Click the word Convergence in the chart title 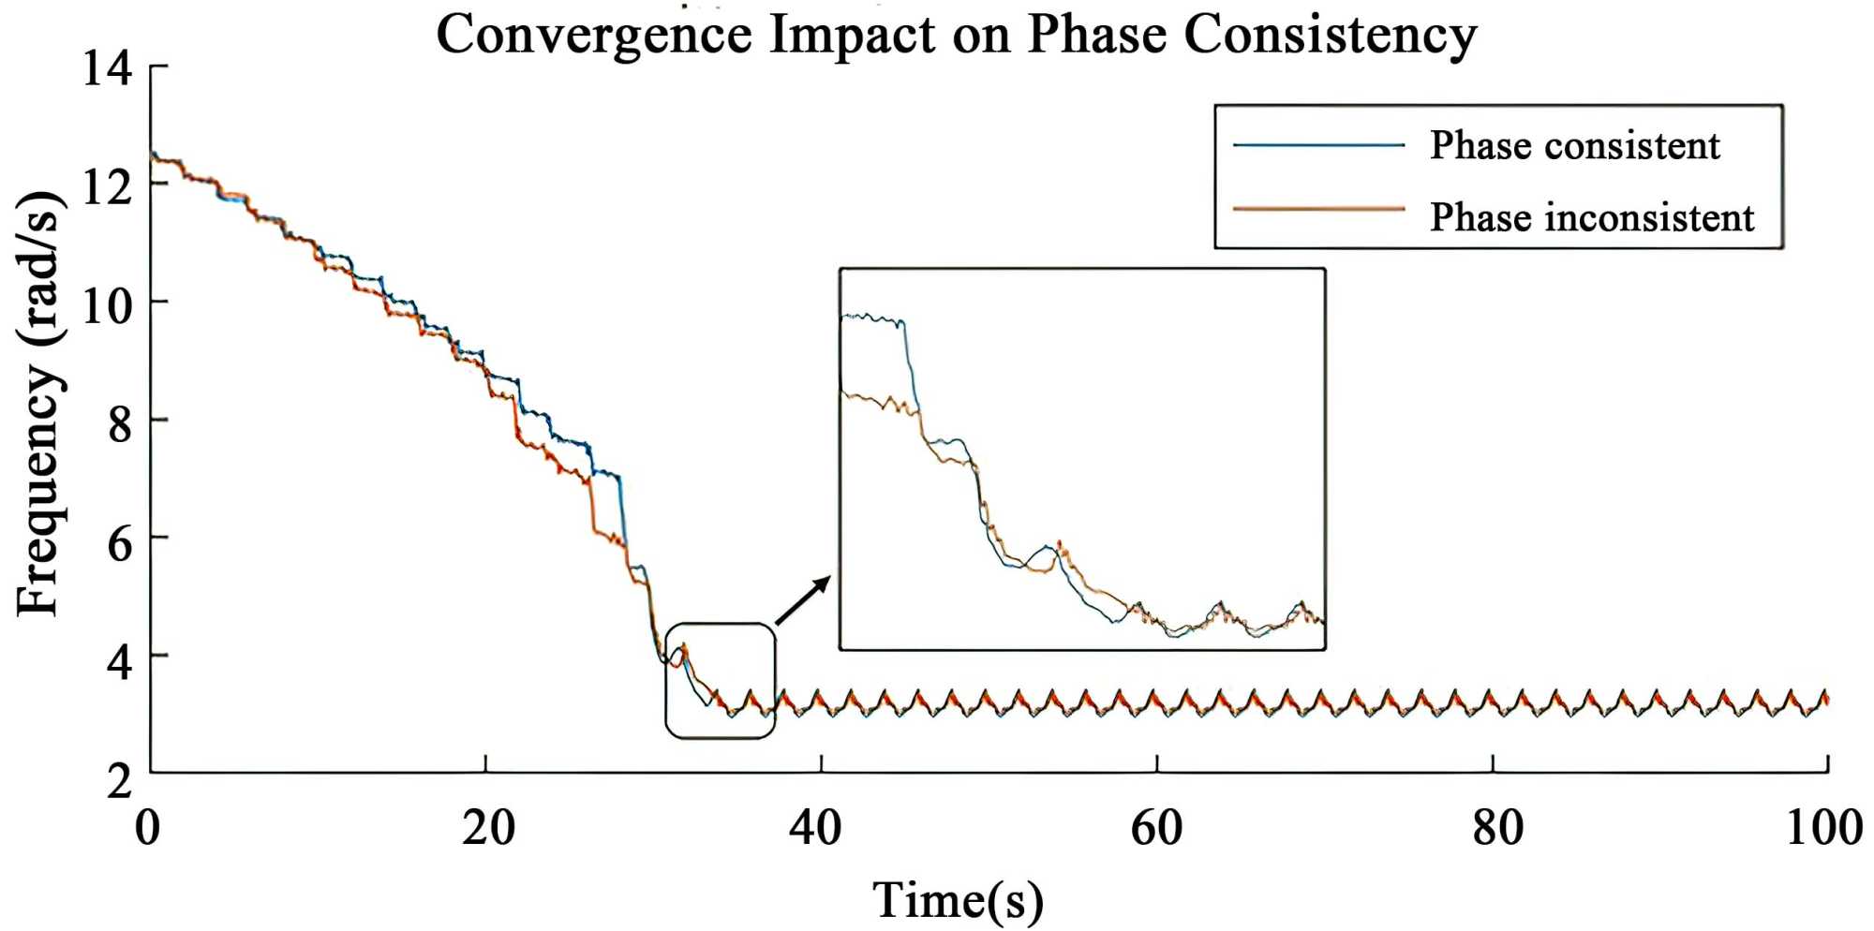coord(593,36)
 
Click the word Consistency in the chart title coord(1330,36)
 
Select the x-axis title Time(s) coord(958,899)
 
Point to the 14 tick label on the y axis coord(107,67)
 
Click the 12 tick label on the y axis coord(107,185)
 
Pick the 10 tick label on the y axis coord(107,303)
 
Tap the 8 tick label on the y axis coord(119,421)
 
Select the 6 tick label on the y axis coord(119,540)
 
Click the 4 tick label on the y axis coord(119,658)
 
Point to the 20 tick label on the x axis coord(487,828)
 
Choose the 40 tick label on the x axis coord(815,828)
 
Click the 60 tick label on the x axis coord(1156,828)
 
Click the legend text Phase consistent coord(1574,145)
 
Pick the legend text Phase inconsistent coord(1591,216)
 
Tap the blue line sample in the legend coord(1318,145)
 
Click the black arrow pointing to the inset coord(803,600)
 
